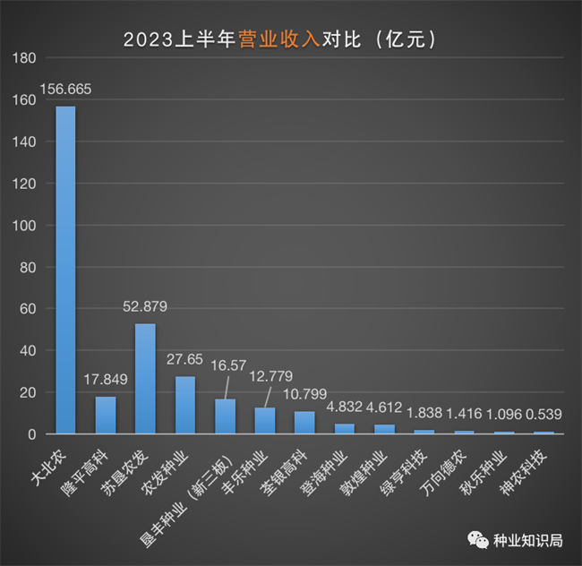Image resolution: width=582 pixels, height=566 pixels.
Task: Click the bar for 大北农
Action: click(65, 270)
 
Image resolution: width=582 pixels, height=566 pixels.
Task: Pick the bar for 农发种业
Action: click(184, 405)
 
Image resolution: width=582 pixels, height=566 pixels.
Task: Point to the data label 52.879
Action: click(145, 307)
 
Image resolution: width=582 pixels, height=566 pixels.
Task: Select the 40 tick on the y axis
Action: click(28, 351)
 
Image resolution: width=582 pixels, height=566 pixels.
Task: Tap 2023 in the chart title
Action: click(144, 39)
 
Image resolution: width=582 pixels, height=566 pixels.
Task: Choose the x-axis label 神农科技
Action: click(533, 466)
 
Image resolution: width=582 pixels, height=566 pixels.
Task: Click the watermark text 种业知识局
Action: click(528, 540)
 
